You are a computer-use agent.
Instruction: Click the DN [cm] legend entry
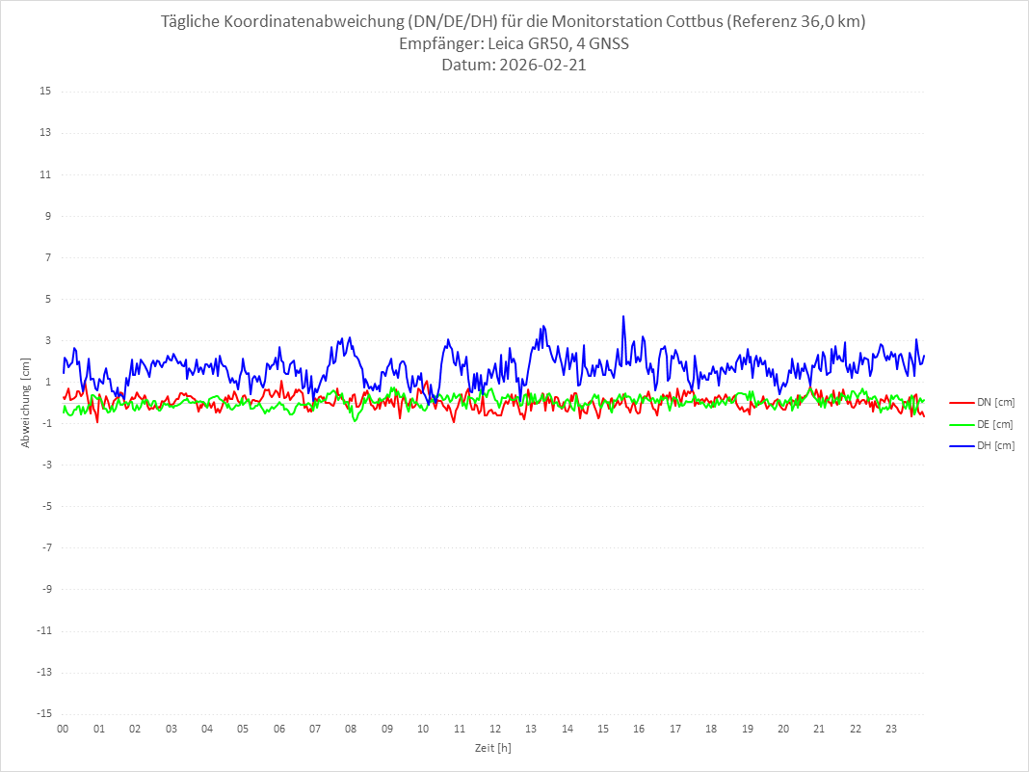(x=995, y=402)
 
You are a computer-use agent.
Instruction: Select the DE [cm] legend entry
(x=995, y=424)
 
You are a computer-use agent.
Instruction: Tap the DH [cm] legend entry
(x=995, y=445)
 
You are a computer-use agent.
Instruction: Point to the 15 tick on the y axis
(x=45, y=92)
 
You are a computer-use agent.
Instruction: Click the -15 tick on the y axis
(x=43, y=713)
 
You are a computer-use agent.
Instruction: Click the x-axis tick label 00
(x=63, y=729)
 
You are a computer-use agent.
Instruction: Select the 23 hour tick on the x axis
(x=891, y=729)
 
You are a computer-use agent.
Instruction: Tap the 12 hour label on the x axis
(x=495, y=729)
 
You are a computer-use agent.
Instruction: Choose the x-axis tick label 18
(x=711, y=729)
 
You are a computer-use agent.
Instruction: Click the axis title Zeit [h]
(x=492, y=748)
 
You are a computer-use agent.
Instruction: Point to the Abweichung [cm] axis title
(x=26, y=403)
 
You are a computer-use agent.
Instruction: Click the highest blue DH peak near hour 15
(x=623, y=316)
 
